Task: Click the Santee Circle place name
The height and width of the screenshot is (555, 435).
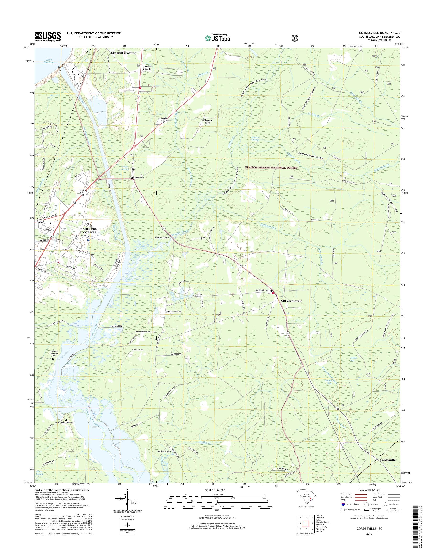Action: coord(147,67)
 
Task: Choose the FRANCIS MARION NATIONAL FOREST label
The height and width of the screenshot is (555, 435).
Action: coord(271,167)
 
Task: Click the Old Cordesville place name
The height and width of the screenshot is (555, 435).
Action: coord(291,301)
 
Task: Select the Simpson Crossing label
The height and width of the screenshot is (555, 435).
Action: coord(123,53)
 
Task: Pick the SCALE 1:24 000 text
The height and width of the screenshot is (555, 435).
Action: coord(215,490)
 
